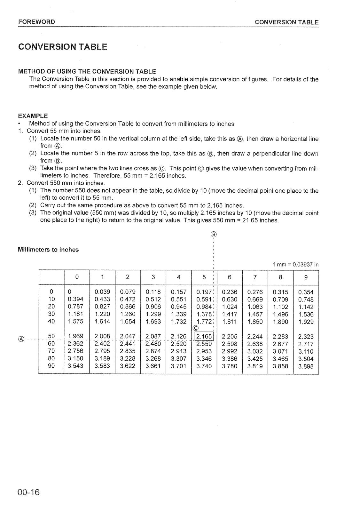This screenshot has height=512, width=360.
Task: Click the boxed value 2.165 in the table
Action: tap(204, 336)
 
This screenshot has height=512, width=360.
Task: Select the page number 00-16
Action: tap(29, 492)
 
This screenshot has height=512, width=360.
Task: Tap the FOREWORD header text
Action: tap(36, 22)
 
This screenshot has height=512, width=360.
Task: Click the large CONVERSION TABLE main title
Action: tap(63, 47)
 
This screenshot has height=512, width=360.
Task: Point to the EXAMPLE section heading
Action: tap(33, 116)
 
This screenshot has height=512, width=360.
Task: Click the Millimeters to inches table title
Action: tap(48, 250)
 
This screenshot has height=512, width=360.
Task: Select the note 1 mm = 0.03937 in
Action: tap(295, 265)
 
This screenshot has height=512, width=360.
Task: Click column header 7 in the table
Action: tap(255, 277)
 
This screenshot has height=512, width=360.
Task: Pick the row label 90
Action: tap(51, 365)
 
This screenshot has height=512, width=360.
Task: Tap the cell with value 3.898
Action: tap(306, 366)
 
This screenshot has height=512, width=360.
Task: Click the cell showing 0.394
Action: tap(75, 299)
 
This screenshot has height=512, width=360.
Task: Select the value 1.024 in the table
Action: tap(229, 307)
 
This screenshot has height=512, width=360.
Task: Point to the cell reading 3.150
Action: tap(75, 358)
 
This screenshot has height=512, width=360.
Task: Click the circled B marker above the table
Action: tap(214, 234)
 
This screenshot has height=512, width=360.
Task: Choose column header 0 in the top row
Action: tap(77, 277)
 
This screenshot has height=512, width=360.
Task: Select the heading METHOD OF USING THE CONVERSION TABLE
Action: tap(87, 71)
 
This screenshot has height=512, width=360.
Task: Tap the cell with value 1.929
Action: tap(306, 322)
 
